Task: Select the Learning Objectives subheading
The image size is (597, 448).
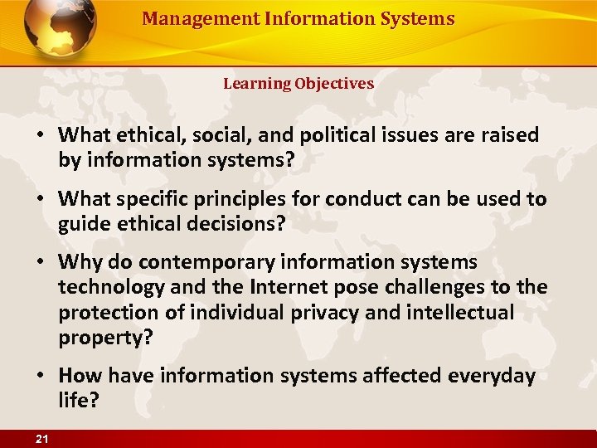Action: click(x=298, y=84)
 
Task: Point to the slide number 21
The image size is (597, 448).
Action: click(x=42, y=439)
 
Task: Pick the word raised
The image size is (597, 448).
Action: click(x=509, y=135)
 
